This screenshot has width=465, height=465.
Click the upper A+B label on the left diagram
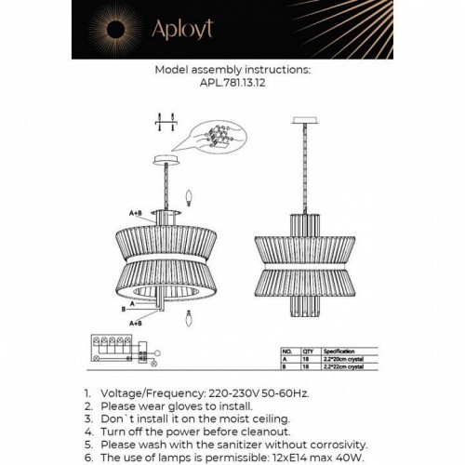tap(135, 212)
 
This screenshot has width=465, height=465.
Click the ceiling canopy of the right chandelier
tap(300, 121)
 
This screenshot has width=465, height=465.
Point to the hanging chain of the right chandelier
tap(300, 167)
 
